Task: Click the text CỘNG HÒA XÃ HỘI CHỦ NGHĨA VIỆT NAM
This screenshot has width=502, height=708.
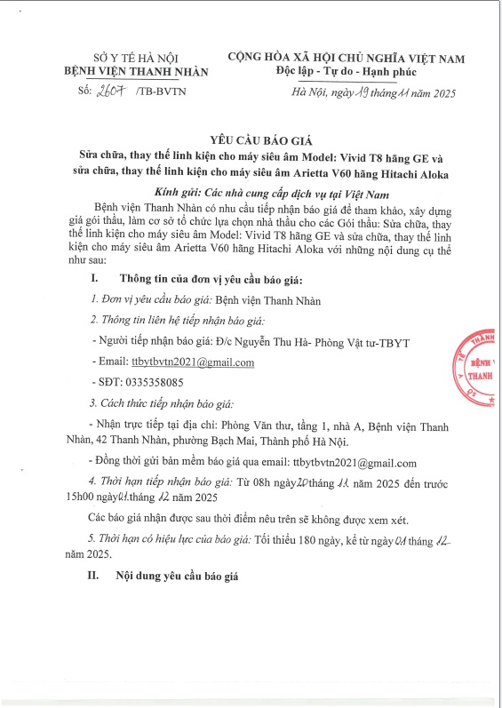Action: [346, 58]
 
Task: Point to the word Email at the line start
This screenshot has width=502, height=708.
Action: [113, 363]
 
